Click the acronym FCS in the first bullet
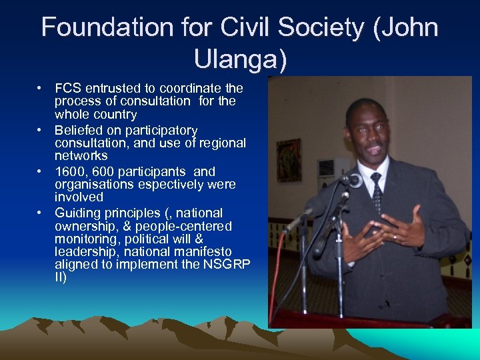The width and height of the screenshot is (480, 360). (x=67, y=89)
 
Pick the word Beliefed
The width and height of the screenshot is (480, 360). (x=79, y=130)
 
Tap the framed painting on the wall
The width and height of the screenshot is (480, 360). (x=289, y=160)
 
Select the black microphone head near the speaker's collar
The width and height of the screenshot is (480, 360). (x=353, y=179)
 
